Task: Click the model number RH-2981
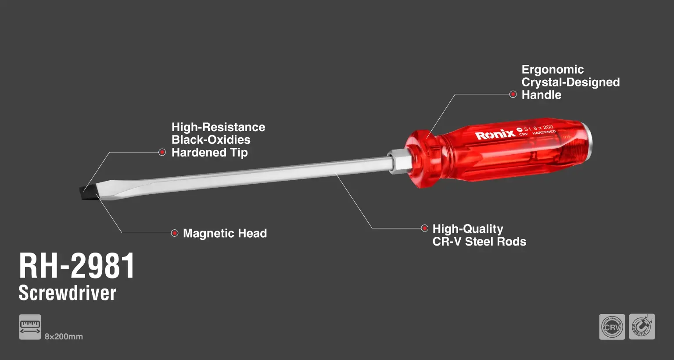[x=77, y=266]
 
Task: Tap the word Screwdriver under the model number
[x=68, y=293]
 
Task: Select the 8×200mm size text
[x=64, y=337]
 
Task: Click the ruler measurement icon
[x=30, y=327]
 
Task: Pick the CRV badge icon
[x=612, y=327]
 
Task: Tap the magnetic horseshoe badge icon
[x=642, y=327]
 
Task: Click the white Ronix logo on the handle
[x=495, y=135]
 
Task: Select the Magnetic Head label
[x=225, y=233]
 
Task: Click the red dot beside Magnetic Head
[x=174, y=233]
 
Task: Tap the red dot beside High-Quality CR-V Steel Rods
[x=424, y=228]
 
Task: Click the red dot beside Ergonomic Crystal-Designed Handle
[x=513, y=94]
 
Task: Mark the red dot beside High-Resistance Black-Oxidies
[x=162, y=152]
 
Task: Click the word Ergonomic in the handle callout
[x=552, y=70]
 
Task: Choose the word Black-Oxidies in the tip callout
[x=211, y=140]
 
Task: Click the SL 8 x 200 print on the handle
[x=538, y=128]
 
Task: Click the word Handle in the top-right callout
[x=541, y=95]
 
